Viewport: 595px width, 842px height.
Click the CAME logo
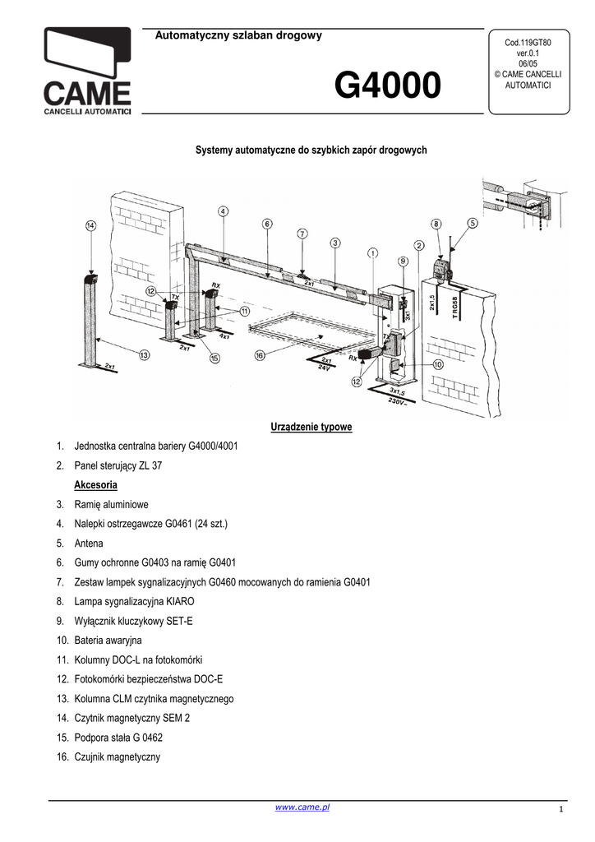coord(87,72)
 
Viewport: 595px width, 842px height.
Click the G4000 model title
coord(386,86)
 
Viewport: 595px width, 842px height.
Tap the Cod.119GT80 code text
coord(527,42)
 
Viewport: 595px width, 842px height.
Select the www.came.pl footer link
coord(302,808)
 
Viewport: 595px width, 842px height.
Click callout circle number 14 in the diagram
coord(90,225)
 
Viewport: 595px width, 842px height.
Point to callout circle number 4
coord(224,211)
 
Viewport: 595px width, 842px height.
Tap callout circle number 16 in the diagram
coord(260,356)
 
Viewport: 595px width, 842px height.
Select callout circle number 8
coord(436,223)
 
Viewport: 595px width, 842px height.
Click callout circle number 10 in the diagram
coord(438,364)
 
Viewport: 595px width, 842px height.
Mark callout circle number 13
coord(145,356)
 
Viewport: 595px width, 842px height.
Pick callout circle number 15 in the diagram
coord(214,358)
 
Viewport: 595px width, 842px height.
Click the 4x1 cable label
coord(224,335)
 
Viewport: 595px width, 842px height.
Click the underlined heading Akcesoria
coord(95,484)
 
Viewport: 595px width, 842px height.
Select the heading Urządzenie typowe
coord(311,427)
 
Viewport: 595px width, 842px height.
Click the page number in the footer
coord(560,812)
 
